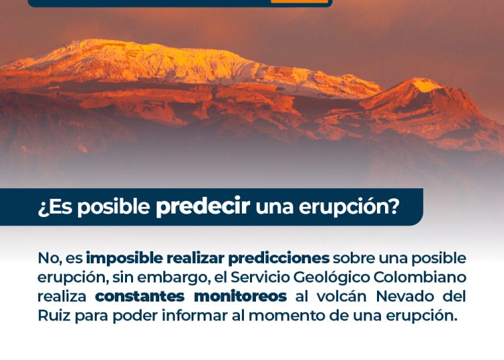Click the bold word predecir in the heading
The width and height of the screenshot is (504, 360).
[x=203, y=206]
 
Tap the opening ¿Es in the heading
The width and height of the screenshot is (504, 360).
[x=55, y=207]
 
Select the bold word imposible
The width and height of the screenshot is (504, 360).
[x=124, y=258]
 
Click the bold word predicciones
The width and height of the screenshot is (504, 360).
[x=279, y=258]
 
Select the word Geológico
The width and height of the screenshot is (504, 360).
[x=331, y=278]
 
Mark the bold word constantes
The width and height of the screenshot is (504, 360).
[x=140, y=297]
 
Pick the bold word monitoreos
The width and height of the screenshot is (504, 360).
[x=241, y=296]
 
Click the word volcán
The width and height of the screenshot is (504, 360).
[x=341, y=296]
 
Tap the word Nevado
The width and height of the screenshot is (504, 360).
[x=405, y=296]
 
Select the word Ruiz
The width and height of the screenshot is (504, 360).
[x=54, y=316]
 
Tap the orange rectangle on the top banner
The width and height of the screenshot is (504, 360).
[x=300, y=1]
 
